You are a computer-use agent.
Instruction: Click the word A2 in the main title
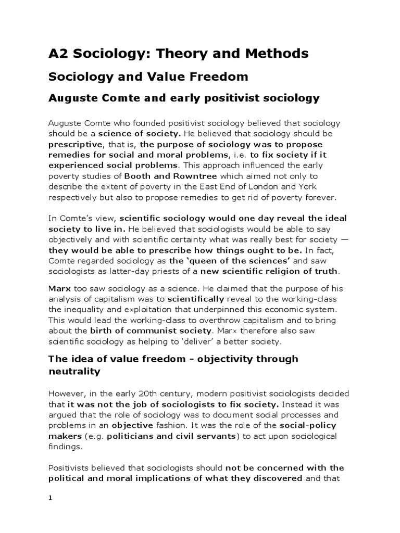coord(58,53)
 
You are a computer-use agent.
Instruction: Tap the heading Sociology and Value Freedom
coord(148,77)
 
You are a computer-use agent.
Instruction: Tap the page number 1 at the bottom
coord(51,498)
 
